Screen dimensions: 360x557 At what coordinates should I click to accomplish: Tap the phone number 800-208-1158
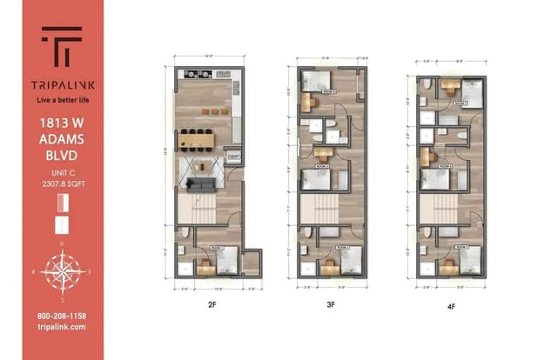pos(61,315)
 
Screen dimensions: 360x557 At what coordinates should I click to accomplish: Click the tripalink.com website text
pos(61,326)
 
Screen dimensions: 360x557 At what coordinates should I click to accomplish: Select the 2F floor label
pos(211,305)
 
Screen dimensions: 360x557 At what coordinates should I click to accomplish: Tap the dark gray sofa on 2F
pos(203,184)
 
